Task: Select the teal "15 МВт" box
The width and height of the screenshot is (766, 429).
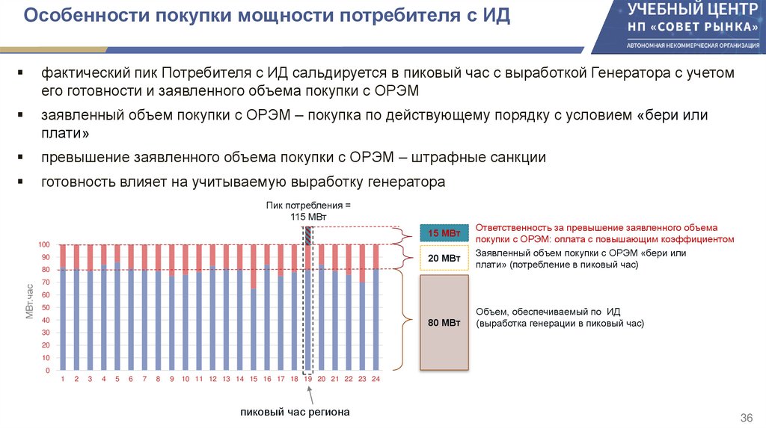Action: point(444,234)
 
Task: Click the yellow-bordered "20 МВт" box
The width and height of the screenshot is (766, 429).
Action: point(444,258)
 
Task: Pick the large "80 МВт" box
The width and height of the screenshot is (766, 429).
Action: point(444,323)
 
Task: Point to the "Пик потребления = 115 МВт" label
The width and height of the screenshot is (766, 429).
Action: point(307,210)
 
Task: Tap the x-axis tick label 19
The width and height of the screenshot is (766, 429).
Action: point(307,380)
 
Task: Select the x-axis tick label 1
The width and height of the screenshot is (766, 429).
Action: point(64,380)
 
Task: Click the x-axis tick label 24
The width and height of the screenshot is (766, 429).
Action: point(376,380)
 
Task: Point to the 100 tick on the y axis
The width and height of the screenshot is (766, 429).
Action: point(43,244)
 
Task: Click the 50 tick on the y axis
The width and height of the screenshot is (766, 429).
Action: point(46,308)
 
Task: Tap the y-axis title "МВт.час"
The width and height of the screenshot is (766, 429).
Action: point(30,303)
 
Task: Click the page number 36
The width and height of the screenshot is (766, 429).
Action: point(745,416)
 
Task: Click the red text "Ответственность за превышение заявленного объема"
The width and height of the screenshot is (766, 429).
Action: point(596,227)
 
